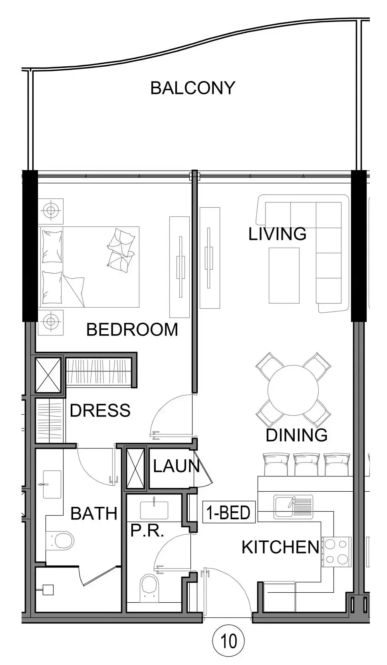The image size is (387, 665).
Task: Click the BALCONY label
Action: (x=193, y=88)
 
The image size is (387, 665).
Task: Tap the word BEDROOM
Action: (x=132, y=330)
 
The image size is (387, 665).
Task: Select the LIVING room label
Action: (x=277, y=234)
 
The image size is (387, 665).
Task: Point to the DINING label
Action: (x=296, y=435)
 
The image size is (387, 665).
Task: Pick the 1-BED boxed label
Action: (x=228, y=512)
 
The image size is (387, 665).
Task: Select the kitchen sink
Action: (x=293, y=506)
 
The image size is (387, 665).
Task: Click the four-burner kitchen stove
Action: (x=336, y=552)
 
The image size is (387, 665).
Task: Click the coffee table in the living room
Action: (x=284, y=276)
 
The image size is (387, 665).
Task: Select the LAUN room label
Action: (x=176, y=466)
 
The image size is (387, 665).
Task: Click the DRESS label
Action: (x=100, y=410)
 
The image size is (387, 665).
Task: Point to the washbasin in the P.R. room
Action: (x=154, y=510)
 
